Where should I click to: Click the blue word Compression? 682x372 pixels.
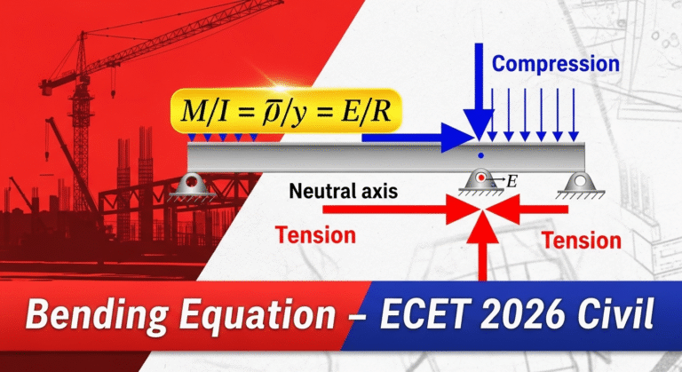(555, 64)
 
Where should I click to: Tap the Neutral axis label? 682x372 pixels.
(343, 191)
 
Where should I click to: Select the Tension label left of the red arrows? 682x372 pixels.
(315, 235)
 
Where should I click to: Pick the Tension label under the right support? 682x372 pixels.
(581, 241)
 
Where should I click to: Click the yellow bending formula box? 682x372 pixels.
(286, 111)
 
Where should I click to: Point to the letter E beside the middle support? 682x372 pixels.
(511, 181)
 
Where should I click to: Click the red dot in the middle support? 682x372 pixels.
(480, 178)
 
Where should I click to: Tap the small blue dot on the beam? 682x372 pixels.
(480, 155)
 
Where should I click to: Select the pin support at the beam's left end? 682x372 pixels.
(192, 187)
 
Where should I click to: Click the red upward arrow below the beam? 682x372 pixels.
(482, 246)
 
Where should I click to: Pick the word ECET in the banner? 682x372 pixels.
(425, 313)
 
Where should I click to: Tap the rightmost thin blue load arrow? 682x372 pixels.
(574, 115)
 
